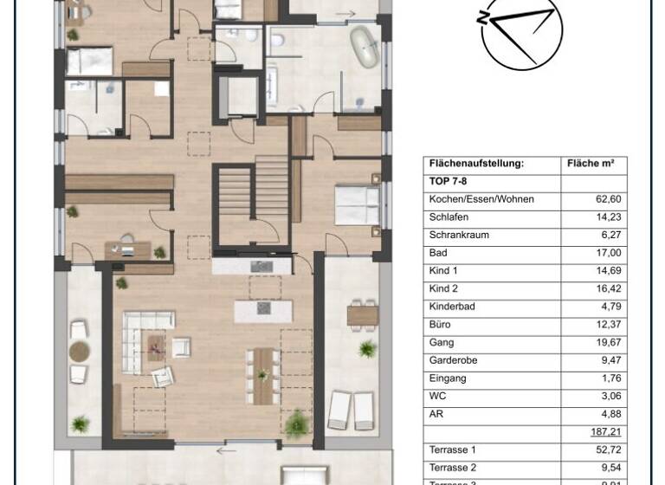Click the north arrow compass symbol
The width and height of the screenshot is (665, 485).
[517, 32]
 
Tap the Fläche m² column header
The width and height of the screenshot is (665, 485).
[590, 163]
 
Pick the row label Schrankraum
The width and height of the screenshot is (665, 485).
[459, 235]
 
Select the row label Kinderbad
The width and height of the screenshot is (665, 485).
[452, 307]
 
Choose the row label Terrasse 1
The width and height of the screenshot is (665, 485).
[453, 450]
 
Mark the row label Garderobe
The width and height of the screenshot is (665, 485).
[453, 360]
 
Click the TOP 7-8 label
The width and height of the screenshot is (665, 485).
[448, 182]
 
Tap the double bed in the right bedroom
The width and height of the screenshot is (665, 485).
[355, 204]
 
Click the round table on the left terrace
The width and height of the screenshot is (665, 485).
[80, 352]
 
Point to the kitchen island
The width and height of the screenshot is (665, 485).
[261, 309]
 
